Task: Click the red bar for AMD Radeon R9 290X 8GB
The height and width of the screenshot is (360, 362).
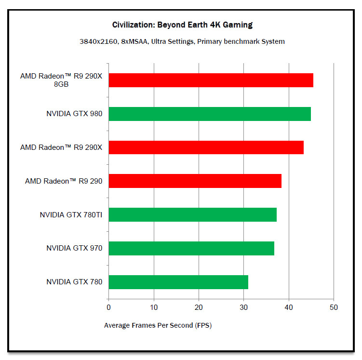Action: click(x=211, y=80)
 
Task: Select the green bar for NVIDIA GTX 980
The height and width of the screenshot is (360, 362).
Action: click(x=210, y=114)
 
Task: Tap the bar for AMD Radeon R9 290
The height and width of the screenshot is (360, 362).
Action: click(x=195, y=181)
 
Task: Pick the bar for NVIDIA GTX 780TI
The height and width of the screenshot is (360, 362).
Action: click(x=192, y=214)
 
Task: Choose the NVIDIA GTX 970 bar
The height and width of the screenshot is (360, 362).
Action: click(x=191, y=248)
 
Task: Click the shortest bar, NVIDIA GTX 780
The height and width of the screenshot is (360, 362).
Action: click(x=178, y=282)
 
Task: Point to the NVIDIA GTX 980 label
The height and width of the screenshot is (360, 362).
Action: click(x=74, y=114)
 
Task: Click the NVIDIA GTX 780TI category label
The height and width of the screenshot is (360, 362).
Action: click(x=71, y=214)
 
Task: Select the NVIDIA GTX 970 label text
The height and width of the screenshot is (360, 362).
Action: click(x=74, y=248)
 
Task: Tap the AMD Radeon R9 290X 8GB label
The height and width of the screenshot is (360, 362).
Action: click(x=61, y=80)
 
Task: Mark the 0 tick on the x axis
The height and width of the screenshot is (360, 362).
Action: click(x=108, y=307)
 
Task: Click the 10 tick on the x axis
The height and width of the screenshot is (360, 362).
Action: click(x=154, y=307)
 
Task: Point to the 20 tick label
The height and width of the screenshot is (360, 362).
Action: click(x=199, y=307)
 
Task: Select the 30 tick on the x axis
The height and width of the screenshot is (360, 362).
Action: click(x=244, y=307)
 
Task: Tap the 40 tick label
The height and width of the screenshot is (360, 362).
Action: click(x=289, y=307)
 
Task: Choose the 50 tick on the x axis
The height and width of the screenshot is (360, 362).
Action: click(x=334, y=307)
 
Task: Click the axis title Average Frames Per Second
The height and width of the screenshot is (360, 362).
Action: click(x=158, y=325)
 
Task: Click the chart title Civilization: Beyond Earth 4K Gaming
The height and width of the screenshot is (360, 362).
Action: click(x=182, y=25)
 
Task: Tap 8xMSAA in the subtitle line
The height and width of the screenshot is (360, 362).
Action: click(x=132, y=41)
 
